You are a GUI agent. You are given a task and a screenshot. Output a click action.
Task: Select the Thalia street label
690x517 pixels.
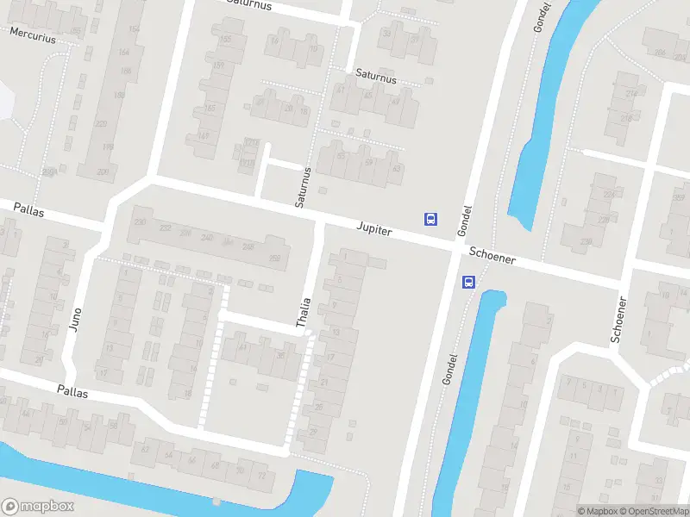click(303, 312)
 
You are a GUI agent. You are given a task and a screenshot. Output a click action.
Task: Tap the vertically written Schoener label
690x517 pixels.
click(618, 320)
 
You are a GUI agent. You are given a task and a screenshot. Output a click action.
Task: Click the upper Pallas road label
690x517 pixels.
click(29, 209)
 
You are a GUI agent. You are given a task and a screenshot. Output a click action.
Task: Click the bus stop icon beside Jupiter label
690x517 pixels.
click(430, 219)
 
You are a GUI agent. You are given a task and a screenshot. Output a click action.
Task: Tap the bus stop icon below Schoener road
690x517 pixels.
click(468, 282)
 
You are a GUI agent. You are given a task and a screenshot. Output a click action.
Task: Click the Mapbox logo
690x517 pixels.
click(38, 507)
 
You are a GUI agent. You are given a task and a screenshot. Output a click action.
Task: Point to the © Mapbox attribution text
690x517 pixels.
click(599, 511)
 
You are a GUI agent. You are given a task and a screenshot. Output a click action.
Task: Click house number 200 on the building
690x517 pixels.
click(103, 172)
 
